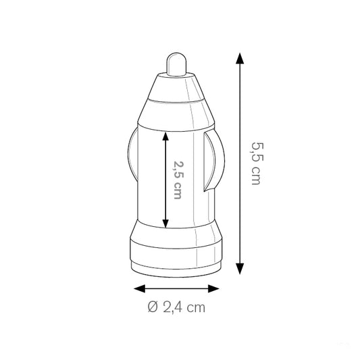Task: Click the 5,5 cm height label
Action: (256, 162)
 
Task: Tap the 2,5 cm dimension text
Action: (178, 179)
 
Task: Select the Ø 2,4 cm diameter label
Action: (176, 308)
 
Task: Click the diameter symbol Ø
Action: (153, 308)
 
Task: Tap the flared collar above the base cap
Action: (176, 232)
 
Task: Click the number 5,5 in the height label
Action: (256, 152)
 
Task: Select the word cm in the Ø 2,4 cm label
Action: (195, 308)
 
